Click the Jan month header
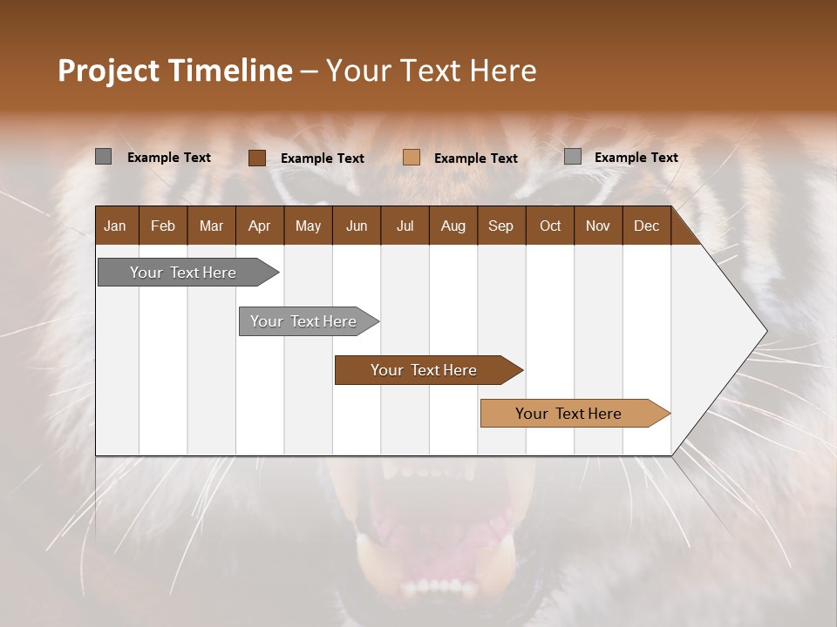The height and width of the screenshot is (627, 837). [x=116, y=226]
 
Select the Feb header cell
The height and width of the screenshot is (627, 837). [x=163, y=226]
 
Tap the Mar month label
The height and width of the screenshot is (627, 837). [x=211, y=226]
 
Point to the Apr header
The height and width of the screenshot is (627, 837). [x=260, y=226]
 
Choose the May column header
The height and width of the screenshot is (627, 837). [x=308, y=226]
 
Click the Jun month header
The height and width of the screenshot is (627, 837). [x=357, y=226]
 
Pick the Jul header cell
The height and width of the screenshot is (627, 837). [x=405, y=226]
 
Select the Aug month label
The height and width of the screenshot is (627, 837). [x=453, y=226]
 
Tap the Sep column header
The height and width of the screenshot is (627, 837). [x=501, y=226]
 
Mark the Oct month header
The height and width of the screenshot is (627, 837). [x=550, y=226]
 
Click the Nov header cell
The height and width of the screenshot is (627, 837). [x=598, y=226]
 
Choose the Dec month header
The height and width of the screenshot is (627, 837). [x=647, y=226]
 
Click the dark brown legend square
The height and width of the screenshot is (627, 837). [x=257, y=158]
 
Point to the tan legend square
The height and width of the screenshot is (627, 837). [x=412, y=158]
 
